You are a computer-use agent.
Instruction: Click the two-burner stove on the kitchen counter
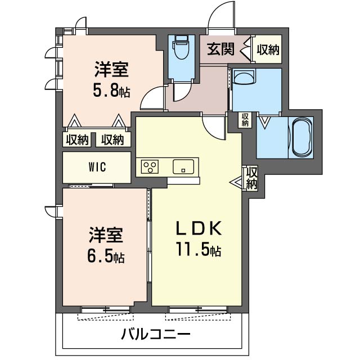point(151,166)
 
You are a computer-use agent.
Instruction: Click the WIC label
point(97,167)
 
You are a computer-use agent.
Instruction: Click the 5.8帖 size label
point(112,90)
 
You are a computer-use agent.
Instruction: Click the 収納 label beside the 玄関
point(268,49)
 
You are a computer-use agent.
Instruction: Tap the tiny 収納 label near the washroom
point(245,119)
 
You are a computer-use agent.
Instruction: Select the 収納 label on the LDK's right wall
point(251,178)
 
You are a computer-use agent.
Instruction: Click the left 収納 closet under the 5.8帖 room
point(77,139)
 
